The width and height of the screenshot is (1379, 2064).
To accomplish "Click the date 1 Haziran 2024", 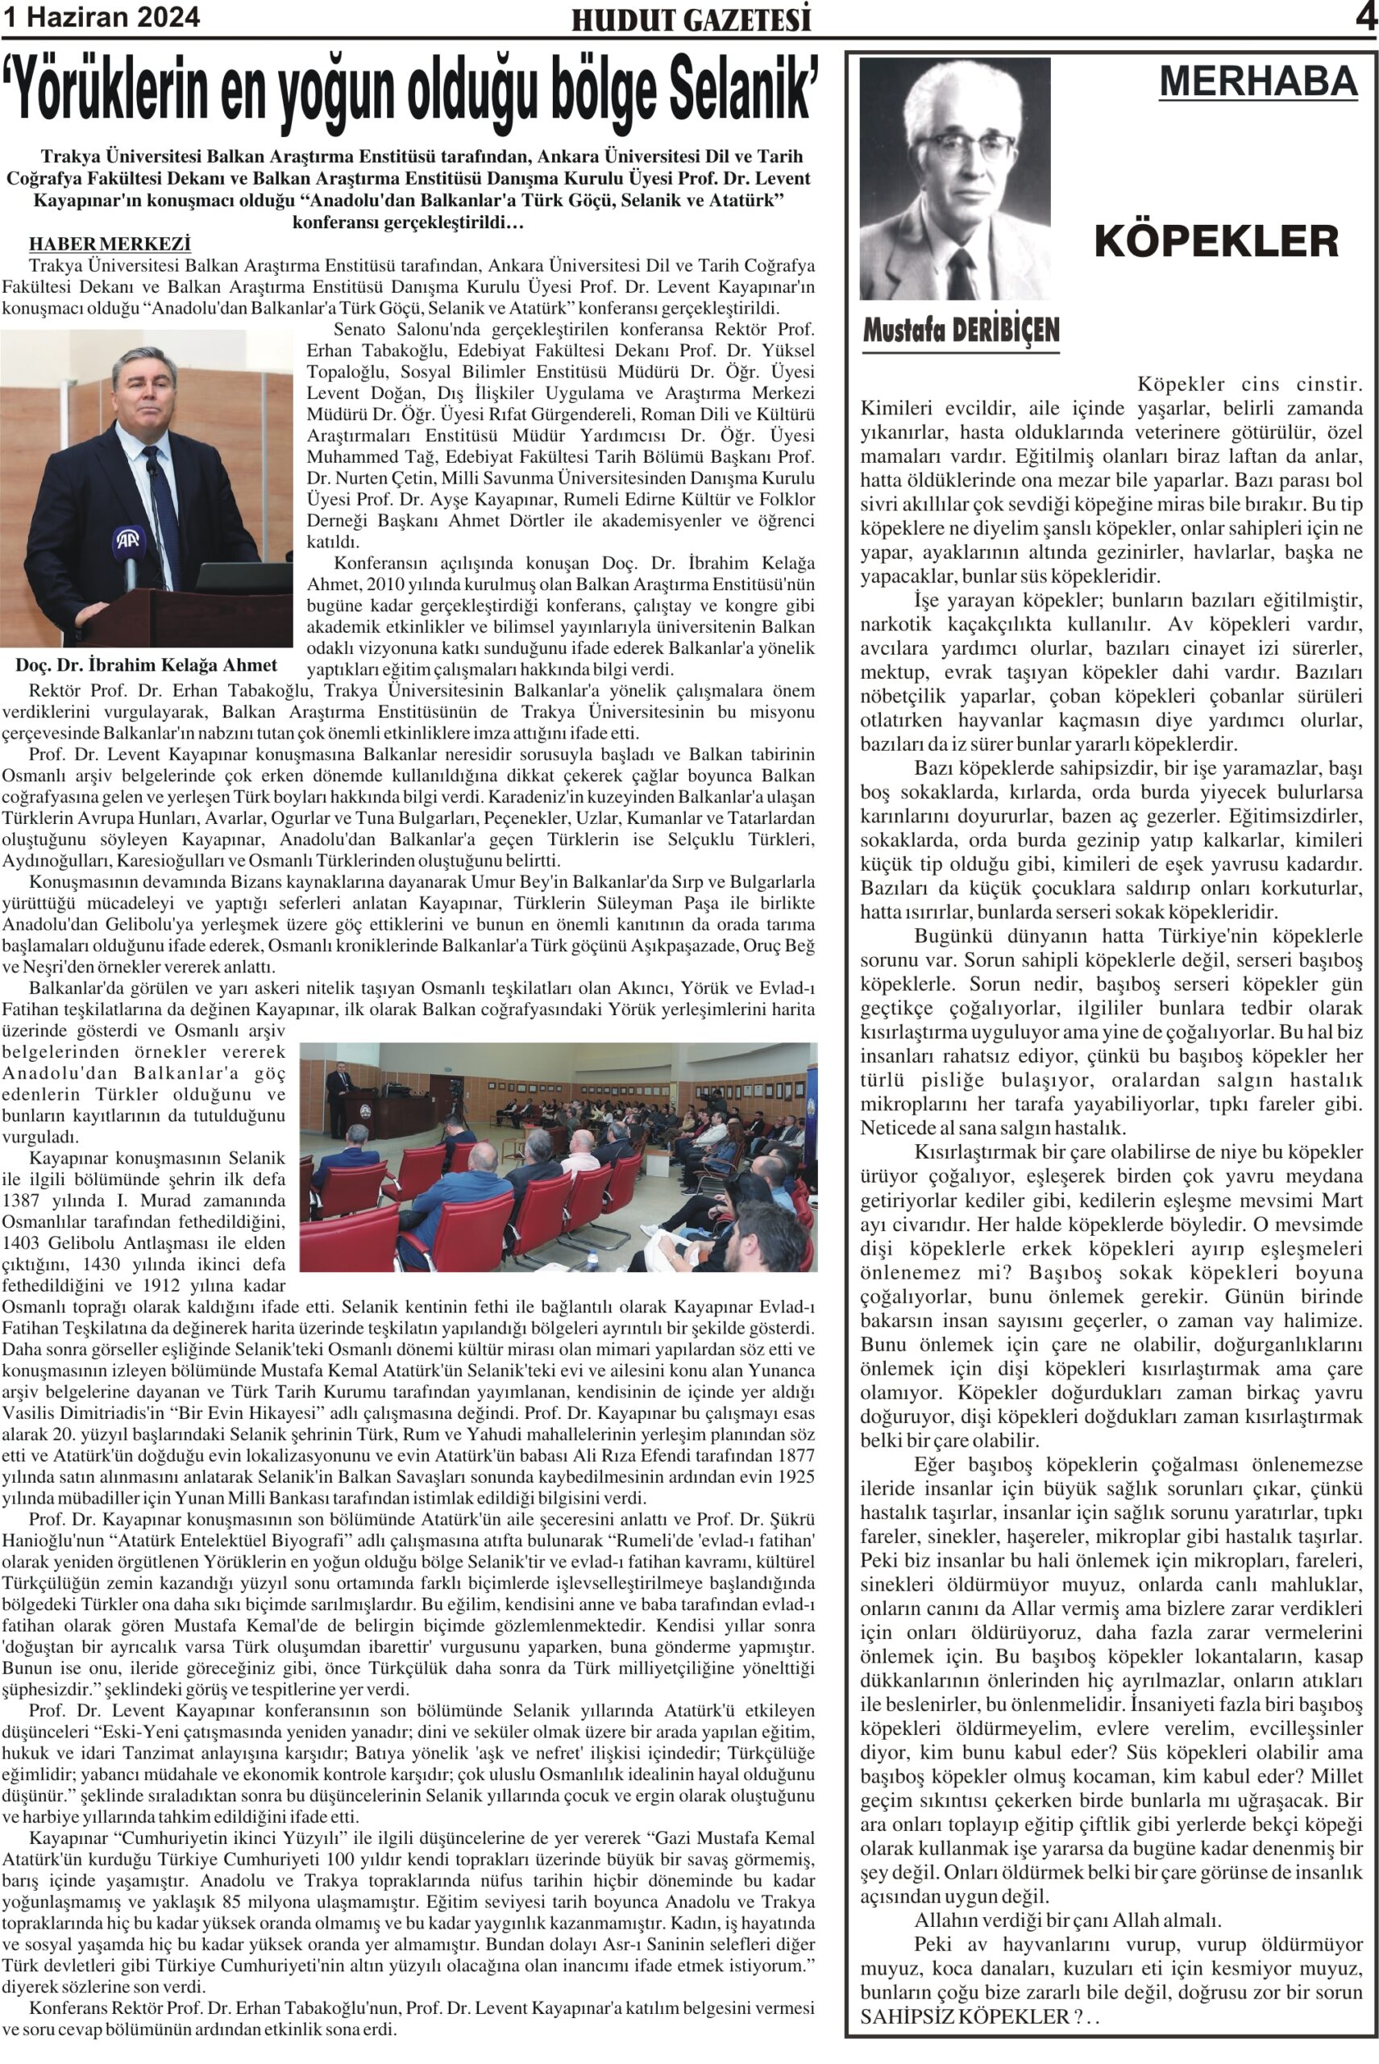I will tap(101, 17).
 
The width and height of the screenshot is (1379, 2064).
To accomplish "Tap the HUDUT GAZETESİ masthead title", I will tap(692, 19).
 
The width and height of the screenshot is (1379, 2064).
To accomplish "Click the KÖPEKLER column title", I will tap(1216, 240).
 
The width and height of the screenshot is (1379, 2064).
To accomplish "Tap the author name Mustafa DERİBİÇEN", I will tap(961, 330).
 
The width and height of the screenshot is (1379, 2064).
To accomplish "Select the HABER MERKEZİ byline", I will tap(110, 243).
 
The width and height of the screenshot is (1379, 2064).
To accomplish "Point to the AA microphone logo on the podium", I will tap(129, 539).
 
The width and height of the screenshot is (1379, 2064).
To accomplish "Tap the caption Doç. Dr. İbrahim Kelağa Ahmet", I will tap(146, 665).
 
